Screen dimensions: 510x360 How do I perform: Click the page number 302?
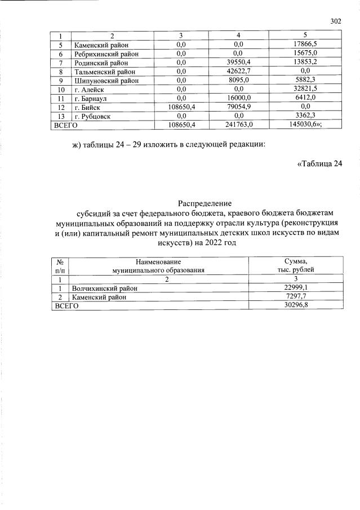point(336,22)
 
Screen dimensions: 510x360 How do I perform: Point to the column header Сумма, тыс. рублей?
point(296,265)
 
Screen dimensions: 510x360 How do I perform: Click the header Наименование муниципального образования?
point(158,265)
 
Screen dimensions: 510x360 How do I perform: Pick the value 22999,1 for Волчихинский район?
point(296,288)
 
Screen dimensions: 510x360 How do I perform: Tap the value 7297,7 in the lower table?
point(296,296)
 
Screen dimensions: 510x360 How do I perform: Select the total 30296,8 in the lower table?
point(296,305)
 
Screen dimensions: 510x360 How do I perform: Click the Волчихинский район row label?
point(105,288)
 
